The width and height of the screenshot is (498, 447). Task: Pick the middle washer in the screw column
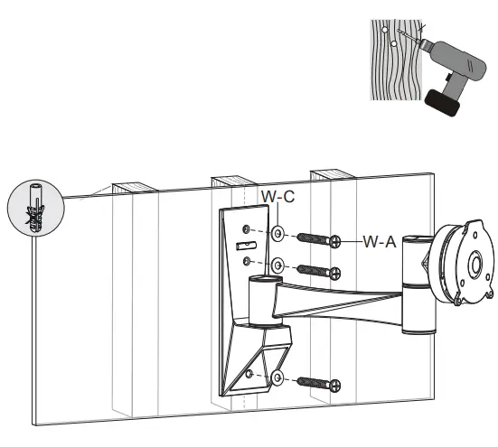[x=279, y=266]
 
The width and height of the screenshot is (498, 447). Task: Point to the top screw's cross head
[x=335, y=241]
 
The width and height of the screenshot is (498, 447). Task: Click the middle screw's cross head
[x=335, y=272]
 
